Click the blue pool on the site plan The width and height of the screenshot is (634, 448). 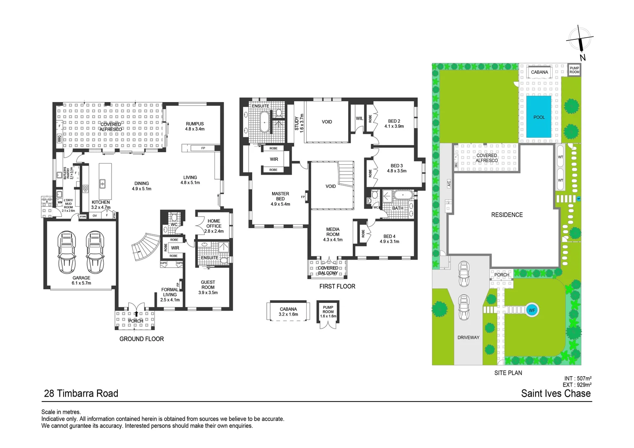coord(539,117)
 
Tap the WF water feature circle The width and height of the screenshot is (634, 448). coord(532,310)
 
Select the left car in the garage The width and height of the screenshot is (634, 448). coord(67,252)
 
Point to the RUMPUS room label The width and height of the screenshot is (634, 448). coord(195,124)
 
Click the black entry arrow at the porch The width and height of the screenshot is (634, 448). coord(136,314)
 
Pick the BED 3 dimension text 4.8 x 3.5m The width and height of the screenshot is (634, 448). coord(397,171)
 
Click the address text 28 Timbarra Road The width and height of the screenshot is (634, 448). coord(81,393)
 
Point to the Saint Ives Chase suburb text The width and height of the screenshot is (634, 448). coord(556,393)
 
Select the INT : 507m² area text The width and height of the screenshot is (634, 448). coord(578,378)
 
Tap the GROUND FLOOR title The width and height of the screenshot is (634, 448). coord(141,339)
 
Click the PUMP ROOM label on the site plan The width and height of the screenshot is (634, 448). coord(574,70)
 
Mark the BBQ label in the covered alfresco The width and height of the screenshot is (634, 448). coord(59,138)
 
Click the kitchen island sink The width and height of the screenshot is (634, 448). coord(102,183)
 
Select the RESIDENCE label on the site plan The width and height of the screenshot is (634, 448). coord(507,215)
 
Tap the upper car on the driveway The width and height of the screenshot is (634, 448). coord(463,274)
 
